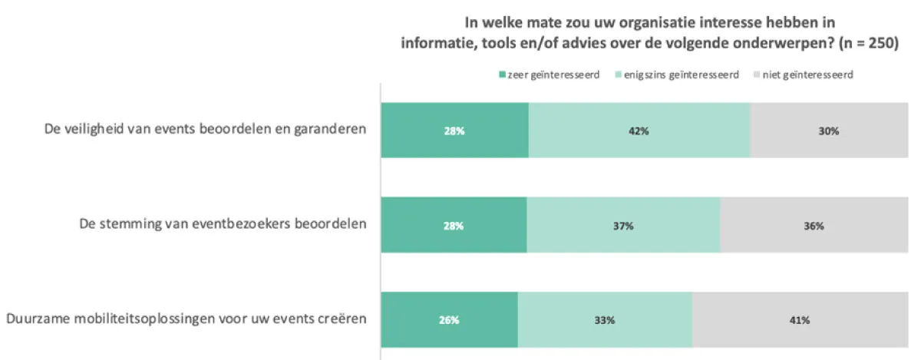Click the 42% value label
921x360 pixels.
(639, 131)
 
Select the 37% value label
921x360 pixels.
(623, 226)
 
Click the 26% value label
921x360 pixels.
(449, 320)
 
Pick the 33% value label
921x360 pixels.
(605, 320)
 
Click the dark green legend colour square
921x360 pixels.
(503, 75)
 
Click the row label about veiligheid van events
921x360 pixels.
(205, 129)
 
